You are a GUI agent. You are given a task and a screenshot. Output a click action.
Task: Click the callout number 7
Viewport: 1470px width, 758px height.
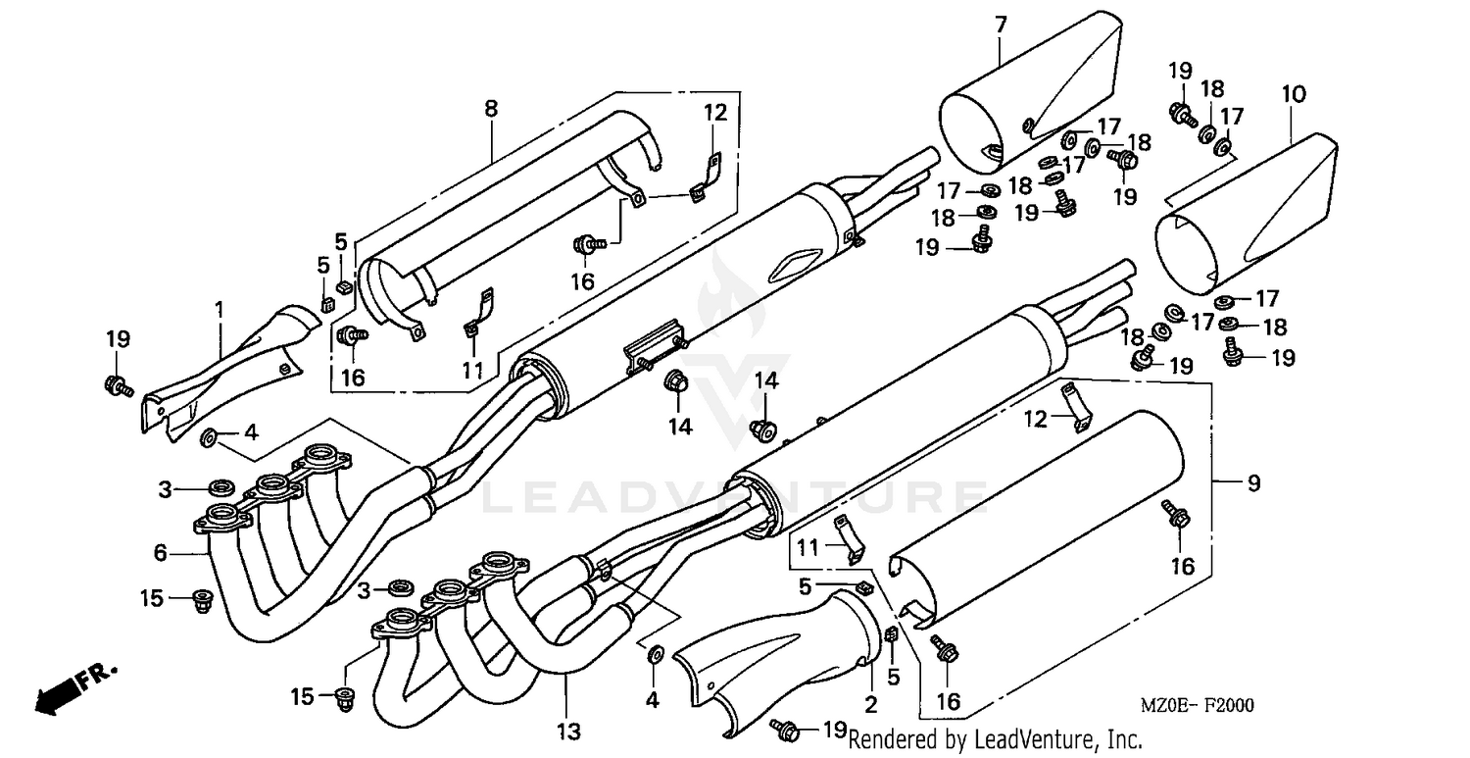point(1000,25)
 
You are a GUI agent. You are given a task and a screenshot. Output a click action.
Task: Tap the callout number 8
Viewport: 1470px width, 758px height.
point(490,109)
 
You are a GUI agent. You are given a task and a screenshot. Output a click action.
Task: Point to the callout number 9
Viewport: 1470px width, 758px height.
point(1253,483)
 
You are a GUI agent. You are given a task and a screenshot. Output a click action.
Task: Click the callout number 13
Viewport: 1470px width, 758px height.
point(568,731)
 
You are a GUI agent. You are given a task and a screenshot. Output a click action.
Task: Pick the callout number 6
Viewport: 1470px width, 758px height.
point(160,553)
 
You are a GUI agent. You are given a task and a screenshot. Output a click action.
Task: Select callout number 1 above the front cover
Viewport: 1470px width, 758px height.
point(220,310)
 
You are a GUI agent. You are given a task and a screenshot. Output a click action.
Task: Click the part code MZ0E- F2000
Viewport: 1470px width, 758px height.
point(1196,705)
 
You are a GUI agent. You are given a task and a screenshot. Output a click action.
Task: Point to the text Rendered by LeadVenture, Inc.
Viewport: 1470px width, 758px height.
point(995,737)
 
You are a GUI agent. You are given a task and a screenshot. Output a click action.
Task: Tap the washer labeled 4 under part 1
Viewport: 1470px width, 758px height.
point(209,434)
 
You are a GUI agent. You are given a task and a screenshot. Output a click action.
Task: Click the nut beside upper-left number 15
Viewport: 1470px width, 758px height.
point(204,600)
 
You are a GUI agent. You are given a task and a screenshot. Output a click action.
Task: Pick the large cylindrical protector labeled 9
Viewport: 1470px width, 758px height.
point(1039,520)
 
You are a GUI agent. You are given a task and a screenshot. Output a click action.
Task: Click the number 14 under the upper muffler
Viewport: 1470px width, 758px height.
point(680,426)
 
